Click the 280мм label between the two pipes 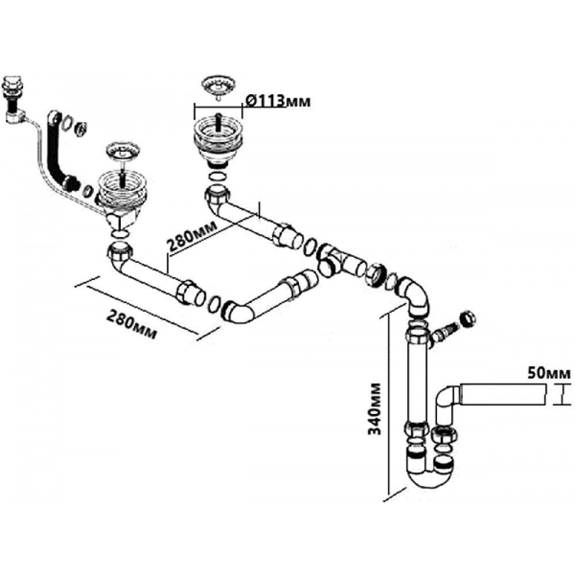(192, 236)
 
